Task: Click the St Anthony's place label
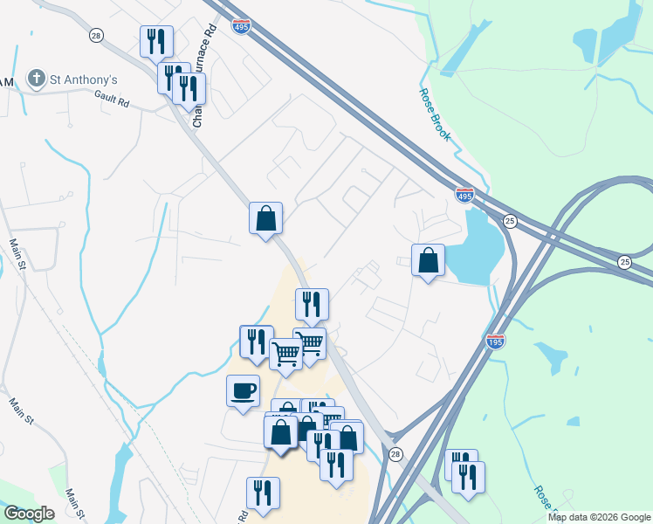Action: pos(84,79)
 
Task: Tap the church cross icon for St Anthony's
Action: pos(37,79)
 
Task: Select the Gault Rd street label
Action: pos(112,102)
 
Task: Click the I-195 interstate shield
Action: pos(495,341)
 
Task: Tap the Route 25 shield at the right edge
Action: pos(624,262)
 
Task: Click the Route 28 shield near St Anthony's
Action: pos(96,35)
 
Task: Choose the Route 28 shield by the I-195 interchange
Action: pos(395,454)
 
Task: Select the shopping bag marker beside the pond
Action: pos(428,260)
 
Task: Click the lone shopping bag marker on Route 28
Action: pos(265,218)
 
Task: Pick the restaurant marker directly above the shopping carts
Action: pos(312,304)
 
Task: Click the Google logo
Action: pos(29,514)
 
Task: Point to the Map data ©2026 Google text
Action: pos(599,517)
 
